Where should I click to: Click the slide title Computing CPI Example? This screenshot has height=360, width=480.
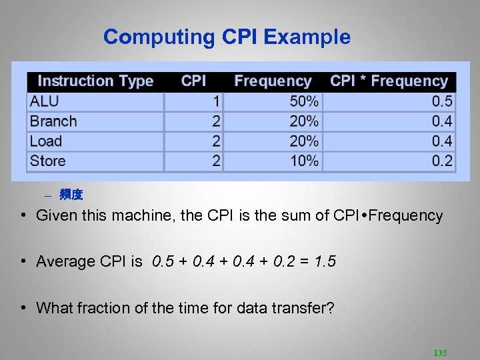tap(227, 37)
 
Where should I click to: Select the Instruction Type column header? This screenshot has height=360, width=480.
tap(95, 81)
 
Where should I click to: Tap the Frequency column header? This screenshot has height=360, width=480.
tap(273, 81)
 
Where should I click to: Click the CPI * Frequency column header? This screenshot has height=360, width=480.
tap(389, 81)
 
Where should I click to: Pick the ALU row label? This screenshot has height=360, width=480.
tap(44, 101)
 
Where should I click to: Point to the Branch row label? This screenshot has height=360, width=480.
tap(53, 121)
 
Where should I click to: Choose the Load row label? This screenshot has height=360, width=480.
tap(45, 141)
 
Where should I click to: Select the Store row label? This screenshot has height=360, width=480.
tap(47, 161)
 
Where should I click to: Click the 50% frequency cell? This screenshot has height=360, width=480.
tap(304, 101)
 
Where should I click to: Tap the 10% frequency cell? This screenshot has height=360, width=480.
tap(304, 161)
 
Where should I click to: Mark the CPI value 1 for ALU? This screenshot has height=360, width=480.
tap(216, 101)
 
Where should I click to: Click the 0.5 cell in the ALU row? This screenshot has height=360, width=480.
tap(442, 101)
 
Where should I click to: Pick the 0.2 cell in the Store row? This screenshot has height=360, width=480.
tap(442, 161)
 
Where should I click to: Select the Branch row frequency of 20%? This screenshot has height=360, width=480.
tap(304, 121)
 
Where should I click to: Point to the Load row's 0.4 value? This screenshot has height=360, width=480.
tap(442, 141)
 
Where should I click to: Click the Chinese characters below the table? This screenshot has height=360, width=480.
tap(71, 195)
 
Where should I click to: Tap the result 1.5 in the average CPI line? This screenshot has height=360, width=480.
tap(325, 261)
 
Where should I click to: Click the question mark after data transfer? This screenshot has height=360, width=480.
tap(331, 308)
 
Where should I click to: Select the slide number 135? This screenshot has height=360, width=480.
tap(440, 353)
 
